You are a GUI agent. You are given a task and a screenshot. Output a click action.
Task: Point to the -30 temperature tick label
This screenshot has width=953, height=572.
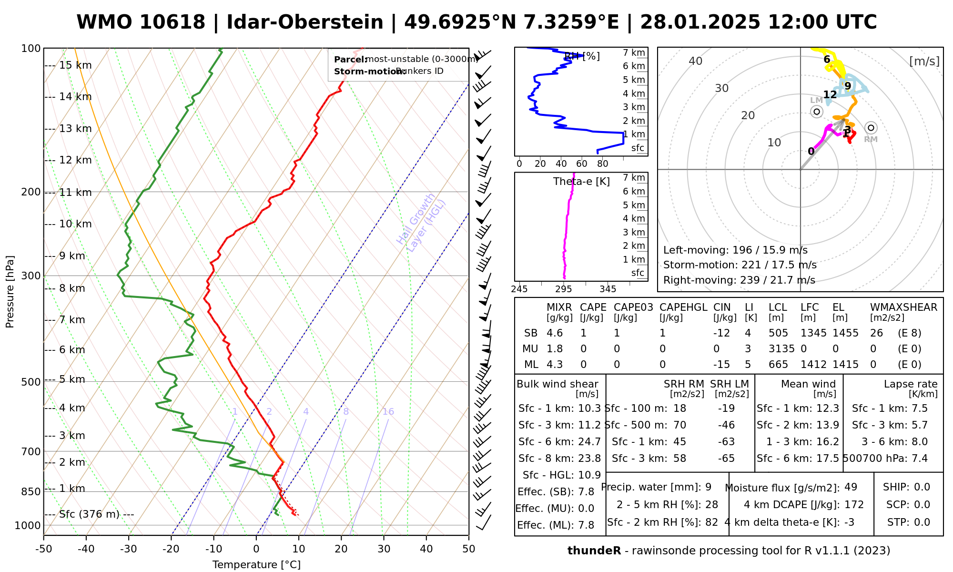(128, 549)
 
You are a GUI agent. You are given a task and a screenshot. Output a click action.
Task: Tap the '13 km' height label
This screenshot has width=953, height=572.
(75, 129)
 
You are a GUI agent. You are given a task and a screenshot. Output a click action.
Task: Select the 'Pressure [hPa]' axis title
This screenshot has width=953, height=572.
(10, 292)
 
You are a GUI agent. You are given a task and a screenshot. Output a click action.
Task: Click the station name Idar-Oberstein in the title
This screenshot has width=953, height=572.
(305, 22)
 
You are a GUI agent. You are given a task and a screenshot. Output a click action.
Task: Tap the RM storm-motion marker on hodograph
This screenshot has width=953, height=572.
(871, 128)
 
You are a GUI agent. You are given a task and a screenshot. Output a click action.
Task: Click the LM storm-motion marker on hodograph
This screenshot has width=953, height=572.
(817, 112)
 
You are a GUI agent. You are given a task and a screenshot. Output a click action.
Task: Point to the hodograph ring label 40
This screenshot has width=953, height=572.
(696, 61)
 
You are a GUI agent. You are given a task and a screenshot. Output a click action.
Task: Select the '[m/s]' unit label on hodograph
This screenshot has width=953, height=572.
(924, 61)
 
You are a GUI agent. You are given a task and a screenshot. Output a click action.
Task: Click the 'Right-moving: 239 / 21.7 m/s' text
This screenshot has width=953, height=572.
(739, 280)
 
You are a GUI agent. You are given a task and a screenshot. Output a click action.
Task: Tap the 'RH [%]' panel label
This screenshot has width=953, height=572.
(582, 56)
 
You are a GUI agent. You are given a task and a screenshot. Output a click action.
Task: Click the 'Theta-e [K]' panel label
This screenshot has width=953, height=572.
(581, 182)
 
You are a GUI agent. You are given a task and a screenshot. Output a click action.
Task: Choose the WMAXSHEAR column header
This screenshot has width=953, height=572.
(903, 307)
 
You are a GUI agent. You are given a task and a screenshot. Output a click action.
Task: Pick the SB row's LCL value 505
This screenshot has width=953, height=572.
(778, 333)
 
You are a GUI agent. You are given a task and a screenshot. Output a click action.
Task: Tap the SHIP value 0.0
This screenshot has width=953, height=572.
(922, 487)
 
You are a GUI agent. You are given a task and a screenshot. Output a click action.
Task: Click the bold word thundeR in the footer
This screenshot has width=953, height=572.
(594, 551)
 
